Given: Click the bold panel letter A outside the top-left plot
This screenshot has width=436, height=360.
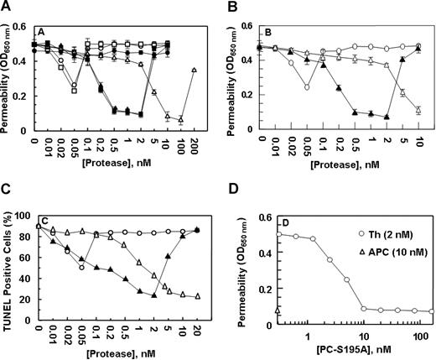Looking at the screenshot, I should click(7, 8).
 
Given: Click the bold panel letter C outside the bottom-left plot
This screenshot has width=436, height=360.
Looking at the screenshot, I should click(7, 190).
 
